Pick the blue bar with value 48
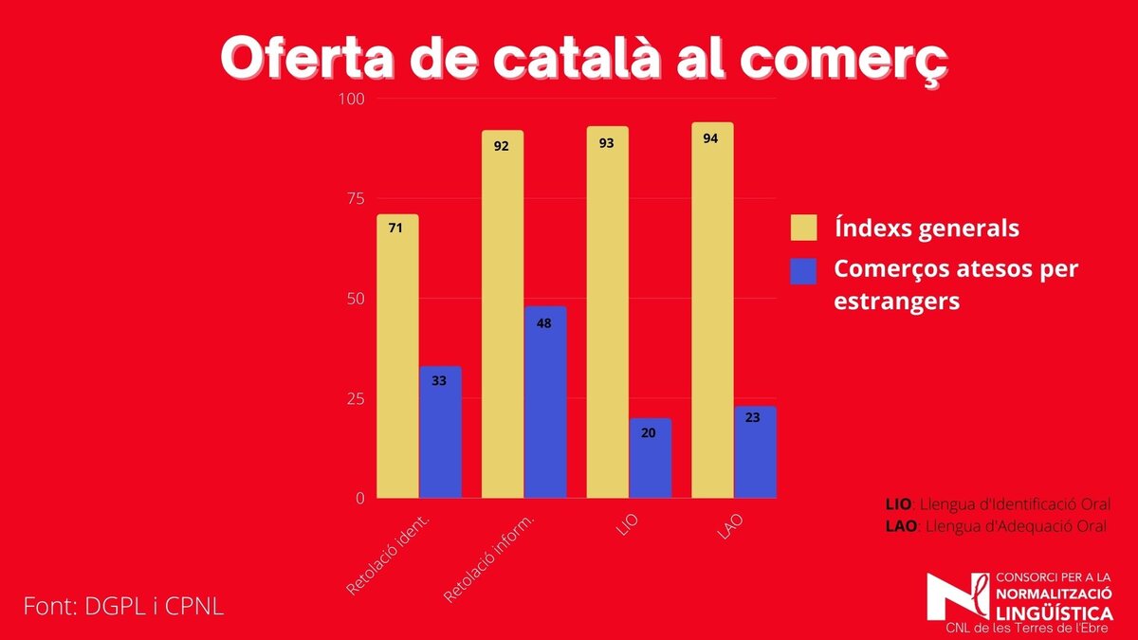[x=545, y=402]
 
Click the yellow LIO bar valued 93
[x=607, y=312]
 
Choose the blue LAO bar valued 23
[x=755, y=452]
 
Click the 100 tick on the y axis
[x=353, y=99]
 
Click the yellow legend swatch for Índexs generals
[x=803, y=228]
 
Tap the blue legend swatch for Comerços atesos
[x=803, y=270]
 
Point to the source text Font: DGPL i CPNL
[x=123, y=606]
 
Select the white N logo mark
[x=959, y=597]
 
